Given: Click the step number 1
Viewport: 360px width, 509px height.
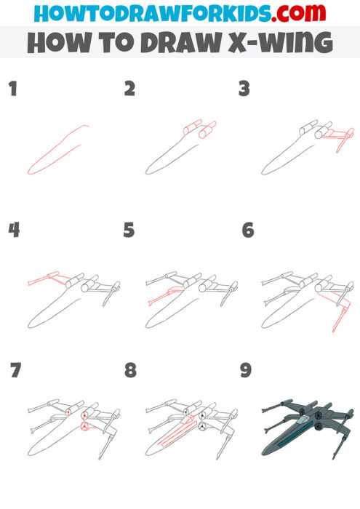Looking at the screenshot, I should [12, 89].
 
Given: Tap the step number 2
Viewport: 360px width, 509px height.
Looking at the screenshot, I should [129, 89].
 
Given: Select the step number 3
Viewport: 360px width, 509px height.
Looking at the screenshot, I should [244, 89].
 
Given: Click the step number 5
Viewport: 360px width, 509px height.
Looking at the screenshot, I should [129, 231].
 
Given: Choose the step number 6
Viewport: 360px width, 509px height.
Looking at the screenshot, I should [247, 231].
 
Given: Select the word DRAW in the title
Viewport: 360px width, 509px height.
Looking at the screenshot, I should [178, 43].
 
